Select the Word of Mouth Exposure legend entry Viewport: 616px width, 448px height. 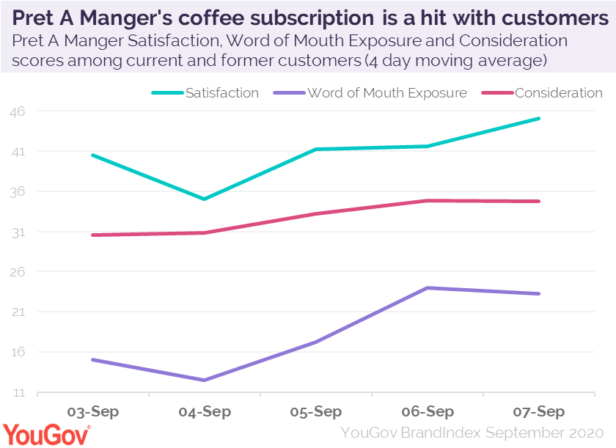(x=386, y=93)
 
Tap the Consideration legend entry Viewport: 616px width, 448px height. (x=558, y=93)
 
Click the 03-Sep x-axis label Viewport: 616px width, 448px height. (x=93, y=411)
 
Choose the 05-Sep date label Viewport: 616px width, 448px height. (x=316, y=411)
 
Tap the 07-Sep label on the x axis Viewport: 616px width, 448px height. (x=540, y=411)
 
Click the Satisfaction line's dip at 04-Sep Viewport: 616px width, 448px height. (x=205, y=199)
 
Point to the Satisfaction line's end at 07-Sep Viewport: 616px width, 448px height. (x=540, y=118)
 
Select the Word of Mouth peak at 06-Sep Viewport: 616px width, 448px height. (x=428, y=287)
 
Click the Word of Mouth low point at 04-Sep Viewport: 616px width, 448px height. (x=205, y=380)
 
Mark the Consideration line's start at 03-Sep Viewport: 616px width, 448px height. (x=93, y=235)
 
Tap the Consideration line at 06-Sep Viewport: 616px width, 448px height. (x=428, y=200)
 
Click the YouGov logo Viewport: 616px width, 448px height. (x=47, y=434)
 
